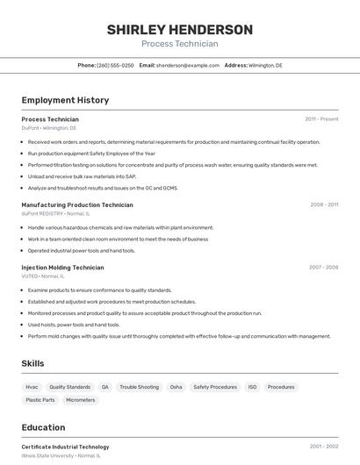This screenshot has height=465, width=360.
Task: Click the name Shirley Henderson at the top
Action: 179,30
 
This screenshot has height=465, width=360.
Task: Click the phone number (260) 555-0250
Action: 115,65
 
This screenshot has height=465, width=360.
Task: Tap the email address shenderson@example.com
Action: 188,65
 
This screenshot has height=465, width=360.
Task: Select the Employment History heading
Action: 65,100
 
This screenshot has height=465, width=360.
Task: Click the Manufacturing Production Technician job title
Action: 77,204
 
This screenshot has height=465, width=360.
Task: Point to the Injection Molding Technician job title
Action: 62,268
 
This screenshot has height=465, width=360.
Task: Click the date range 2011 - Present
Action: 321,119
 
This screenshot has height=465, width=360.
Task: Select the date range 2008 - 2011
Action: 324,204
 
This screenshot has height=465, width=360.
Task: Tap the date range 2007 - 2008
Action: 323,268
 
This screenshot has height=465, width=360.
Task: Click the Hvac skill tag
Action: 32,387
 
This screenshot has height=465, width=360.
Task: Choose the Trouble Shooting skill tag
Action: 139,387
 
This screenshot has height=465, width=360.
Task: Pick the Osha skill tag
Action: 176,387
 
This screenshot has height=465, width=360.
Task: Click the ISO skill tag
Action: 252,387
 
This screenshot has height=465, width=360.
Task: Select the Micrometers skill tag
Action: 80,400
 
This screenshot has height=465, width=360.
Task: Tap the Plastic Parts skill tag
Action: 40,400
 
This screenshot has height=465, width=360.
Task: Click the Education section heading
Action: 43,427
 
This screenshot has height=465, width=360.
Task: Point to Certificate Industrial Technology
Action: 65,447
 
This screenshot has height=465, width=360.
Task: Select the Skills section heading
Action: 32,363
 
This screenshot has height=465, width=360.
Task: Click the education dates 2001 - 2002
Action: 323,447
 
